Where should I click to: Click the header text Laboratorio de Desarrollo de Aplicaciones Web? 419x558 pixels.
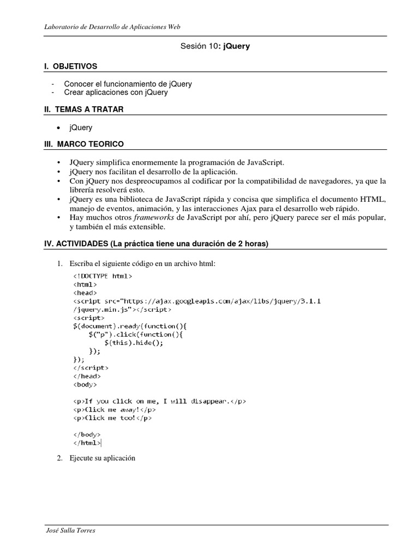coord(112,26)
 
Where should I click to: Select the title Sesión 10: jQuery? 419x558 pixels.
coord(215,46)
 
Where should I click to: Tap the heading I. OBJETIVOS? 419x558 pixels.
coord(71,66)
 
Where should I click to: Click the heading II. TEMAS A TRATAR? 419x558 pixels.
coord(84,109)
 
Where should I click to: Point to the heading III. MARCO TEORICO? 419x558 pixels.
coord(84,144)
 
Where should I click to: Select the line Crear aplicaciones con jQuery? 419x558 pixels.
coord(116,93)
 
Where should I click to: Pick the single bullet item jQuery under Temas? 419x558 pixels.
coord(81,128)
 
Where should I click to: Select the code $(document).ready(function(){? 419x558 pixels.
coord(122,326)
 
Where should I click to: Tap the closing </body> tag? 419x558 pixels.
coord(86,435)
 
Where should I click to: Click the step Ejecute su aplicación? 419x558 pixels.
coord(102,458)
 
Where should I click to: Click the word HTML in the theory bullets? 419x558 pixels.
coord(374,199)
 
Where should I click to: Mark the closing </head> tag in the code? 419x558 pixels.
coord(86,376)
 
